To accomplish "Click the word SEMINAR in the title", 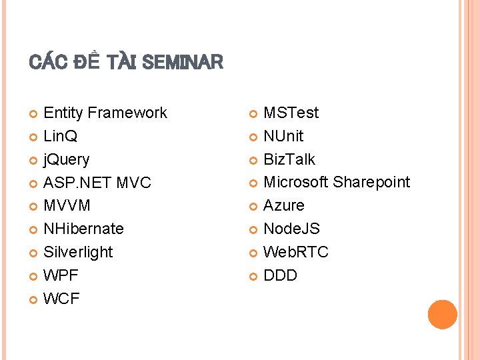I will point(183,63).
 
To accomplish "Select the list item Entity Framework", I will point(105,113).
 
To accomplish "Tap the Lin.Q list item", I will point(60,136).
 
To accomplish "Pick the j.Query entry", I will point(66,159).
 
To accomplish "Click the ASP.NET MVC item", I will point(97,183).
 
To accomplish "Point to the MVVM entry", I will point(67,205).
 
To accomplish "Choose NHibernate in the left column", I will point(83,229).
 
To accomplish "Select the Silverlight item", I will point(78,252).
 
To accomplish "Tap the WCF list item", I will point(61,299).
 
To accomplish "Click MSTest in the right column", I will point(291,113).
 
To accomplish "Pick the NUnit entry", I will point(283,136).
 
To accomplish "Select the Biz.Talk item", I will point(289,159).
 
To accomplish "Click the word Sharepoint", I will point(371,182).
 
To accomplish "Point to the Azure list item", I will point(284,205).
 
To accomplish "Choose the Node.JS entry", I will point(291,229).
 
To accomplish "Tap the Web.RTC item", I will point(296,252).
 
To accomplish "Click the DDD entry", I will point(280,275).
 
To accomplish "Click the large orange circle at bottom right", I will point(443,315).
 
